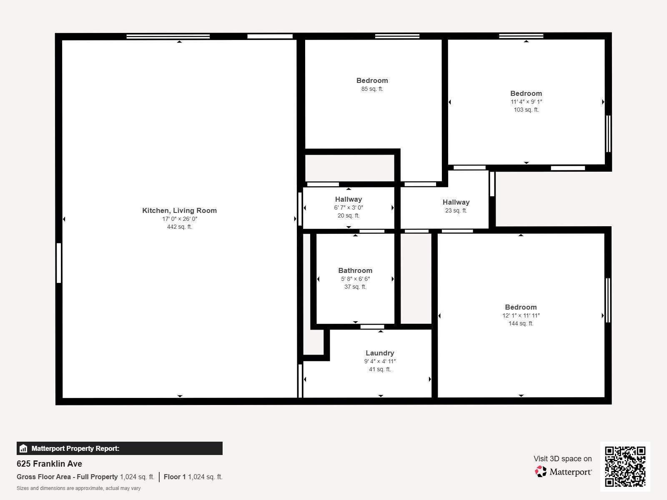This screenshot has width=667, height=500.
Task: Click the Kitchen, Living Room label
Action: pyautogui.click(x=179, y=210)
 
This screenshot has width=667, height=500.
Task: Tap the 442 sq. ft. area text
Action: pyautogui.click(x=179, y=227)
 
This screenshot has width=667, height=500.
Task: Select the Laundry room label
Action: pyautogui.click(x=380, y=353)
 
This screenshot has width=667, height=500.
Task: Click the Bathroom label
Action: pyautogui.click(x=355, y=270)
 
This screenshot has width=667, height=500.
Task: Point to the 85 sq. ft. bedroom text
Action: pyautogui.click(x=372, y=89)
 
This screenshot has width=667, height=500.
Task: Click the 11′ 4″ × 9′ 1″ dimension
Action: pyautogui.click(x=526, y=102)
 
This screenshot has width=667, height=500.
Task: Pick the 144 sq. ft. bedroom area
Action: pyautogui.click(x=521, y=323)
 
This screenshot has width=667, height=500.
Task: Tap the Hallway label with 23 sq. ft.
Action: pyautogui.click(x=456, y=202)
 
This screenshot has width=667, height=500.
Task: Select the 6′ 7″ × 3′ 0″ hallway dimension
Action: pyautogui.click(x=349, y=207)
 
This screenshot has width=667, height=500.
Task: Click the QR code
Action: pyautogui.click(x=625, y=466)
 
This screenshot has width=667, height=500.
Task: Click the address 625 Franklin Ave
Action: pyautogui.click(x=49, y=464)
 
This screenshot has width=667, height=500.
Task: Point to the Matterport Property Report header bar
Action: pyautogui.click(x=119, y=448)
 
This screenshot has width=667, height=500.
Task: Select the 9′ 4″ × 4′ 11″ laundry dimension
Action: pyautogui.click(x=380, y=361)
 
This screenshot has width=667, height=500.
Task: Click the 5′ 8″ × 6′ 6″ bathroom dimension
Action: pyautogui.click(x=355, y=279)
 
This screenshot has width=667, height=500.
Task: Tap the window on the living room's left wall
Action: pyautogui.click(x=59, y=263)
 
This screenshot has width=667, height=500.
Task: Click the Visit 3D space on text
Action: pyautogui.click(x=562, y=459)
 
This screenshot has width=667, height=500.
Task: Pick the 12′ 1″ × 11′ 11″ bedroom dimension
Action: pyautogui.click(x=521, y=315)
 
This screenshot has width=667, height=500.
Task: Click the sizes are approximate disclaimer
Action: pyautogui.click(x=78, y=488)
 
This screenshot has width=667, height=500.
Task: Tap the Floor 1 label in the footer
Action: pyautogui.click(x=174, y=477)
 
